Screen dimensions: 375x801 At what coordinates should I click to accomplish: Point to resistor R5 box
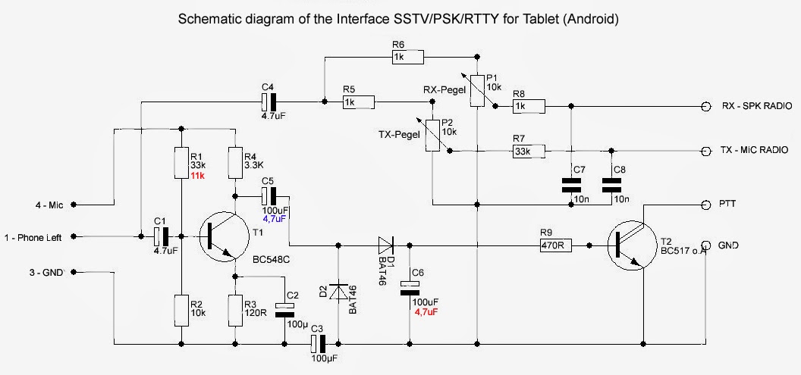tap(358, 102)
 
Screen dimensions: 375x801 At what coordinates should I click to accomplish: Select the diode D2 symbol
tap(338, 292)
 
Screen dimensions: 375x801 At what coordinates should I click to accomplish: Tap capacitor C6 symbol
tap(409, 285)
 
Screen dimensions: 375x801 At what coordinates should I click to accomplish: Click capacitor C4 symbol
tap(269, 102)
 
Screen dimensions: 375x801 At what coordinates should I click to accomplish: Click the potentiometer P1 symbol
tap(477, 90)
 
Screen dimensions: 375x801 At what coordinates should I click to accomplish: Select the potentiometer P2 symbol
tap(431, 136)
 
